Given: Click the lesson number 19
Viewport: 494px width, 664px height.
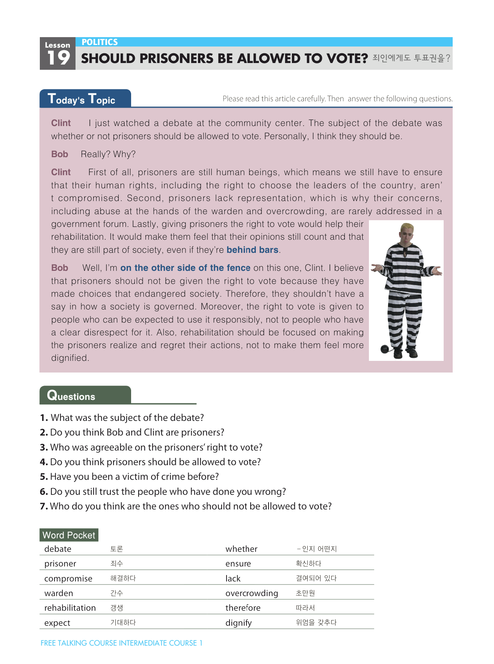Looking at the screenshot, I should (58, 58).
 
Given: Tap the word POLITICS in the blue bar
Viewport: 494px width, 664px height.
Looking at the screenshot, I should (100, 42).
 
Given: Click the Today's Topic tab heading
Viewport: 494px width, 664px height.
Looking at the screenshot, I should (82, 99).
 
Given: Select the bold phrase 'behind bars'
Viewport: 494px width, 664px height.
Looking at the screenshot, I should (252, 250).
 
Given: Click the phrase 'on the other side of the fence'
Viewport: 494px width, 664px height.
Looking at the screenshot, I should (185, 268).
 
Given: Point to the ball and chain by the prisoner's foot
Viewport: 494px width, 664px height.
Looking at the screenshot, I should (385, 349).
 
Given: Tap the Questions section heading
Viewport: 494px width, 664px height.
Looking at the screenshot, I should (71, 396).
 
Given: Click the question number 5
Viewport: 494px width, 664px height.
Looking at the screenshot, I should (44, 477).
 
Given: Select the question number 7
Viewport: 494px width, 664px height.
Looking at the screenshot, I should (44, 506).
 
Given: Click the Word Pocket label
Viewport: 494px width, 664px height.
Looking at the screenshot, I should (69, 535).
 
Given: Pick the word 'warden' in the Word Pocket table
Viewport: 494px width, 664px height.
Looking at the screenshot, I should (59, 593).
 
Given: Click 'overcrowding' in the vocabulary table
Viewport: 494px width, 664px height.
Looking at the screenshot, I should (252, 593).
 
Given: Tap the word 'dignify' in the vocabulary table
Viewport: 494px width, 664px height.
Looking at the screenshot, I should (239, 623).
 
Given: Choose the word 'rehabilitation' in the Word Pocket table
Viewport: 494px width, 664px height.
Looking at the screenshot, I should (70, 608).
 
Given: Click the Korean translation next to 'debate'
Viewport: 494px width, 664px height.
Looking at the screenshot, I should (116, 549).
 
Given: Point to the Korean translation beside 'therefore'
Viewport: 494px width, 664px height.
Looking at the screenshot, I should (305, 608).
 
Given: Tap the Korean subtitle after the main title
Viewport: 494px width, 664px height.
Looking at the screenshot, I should (411, 58).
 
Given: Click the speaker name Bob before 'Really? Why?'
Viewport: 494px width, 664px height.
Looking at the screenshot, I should (59, 154).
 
